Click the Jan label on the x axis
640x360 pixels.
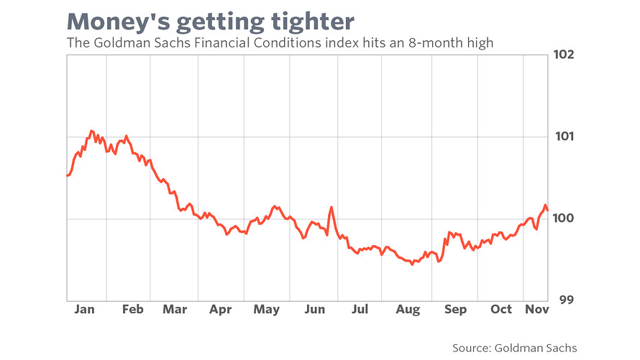coord(84,309)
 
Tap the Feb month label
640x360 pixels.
coord(132,309)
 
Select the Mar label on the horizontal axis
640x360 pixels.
coord(175,309)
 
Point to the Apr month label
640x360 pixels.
coord(221,310)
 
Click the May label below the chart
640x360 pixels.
coord(267,310)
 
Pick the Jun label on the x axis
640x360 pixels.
coord(315,309)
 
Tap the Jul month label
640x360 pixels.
coord(360,309)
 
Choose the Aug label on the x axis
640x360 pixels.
coord(408,310)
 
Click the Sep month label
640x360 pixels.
coord(455,310)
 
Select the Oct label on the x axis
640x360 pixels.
coord(500,309)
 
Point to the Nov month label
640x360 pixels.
coord(536,309)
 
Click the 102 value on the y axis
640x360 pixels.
coord(563,54)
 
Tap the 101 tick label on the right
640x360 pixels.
coord(564,137)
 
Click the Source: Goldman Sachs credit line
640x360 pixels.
coord(515,348)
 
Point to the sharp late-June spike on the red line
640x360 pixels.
coord(331,208)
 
